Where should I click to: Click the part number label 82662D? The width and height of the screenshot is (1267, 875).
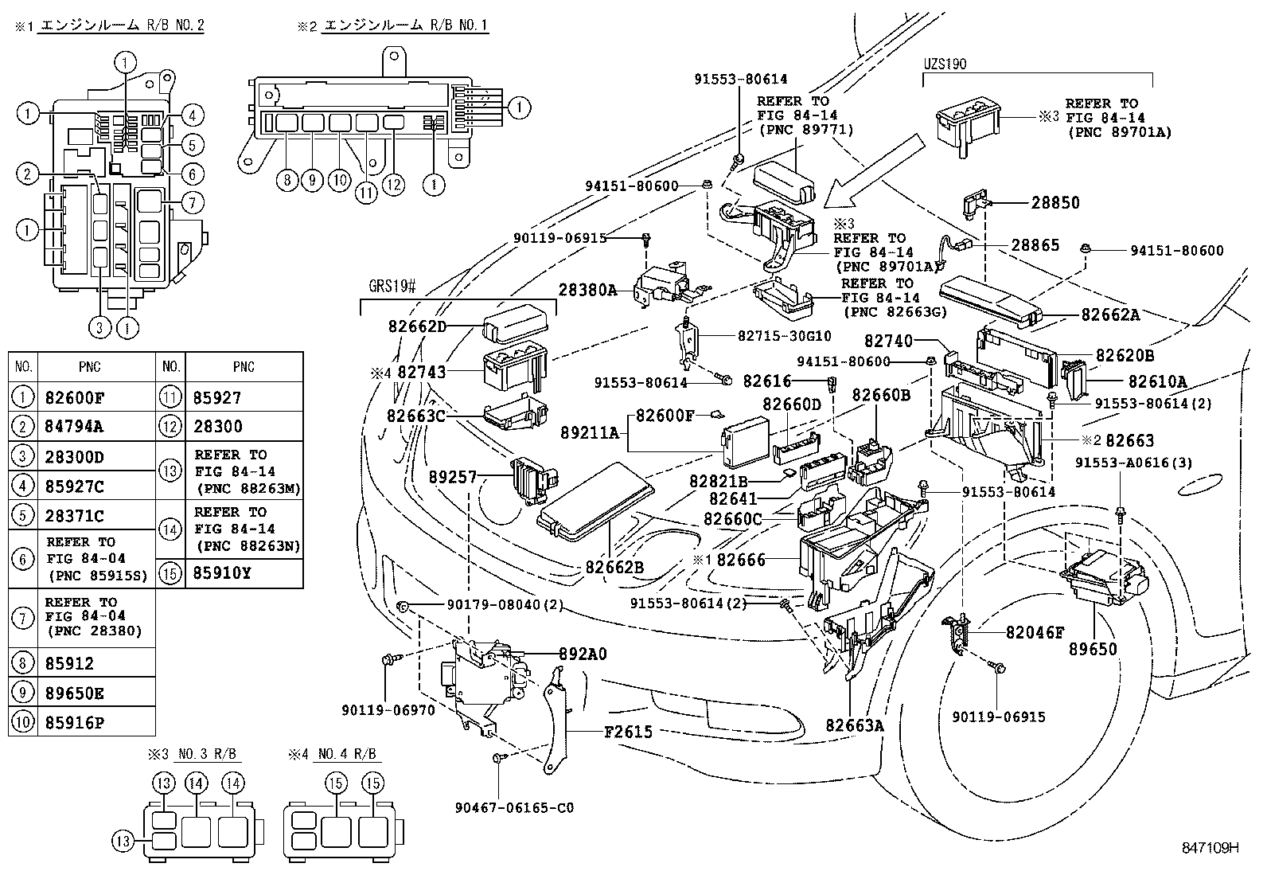pyautogui.click(x=417, y=326)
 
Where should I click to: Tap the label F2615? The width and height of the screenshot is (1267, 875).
pyautogui.click(x=628, y=731)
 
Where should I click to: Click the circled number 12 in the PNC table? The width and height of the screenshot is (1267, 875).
pyautogui.click(x=170, y=427)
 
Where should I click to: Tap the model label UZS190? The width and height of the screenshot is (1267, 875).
pyautogui.click(x=945, y=64)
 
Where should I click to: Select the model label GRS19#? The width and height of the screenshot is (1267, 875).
pyautogui.click(x=392, y=287)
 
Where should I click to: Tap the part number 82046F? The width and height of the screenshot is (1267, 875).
pyautogui.click(x=1035, y=633)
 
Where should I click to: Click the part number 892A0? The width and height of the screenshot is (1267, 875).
pyautogui.click(x=583, y=654)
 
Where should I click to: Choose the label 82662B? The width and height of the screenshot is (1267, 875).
pyautogui.click(x=614, y=568)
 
